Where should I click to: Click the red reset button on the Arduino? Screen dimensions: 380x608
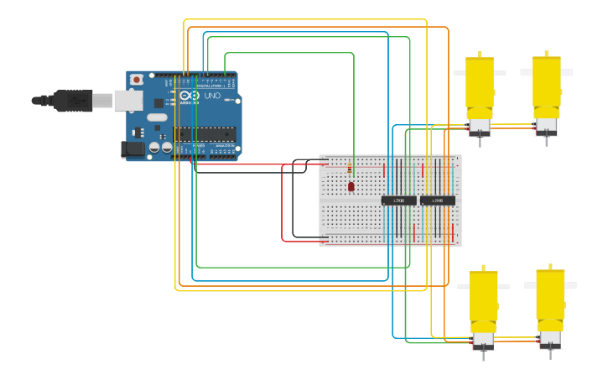(136, 80)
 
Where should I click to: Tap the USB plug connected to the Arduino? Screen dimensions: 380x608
(75, 100)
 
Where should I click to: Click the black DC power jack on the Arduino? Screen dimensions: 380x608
(132, 149)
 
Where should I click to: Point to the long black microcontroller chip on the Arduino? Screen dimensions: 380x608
(205, 132)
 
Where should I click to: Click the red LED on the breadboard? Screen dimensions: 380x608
(351, 186)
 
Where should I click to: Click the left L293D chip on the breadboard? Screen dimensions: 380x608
(398, 200)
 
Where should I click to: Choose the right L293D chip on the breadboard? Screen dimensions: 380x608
(437, 200)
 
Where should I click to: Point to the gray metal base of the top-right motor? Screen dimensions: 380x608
(546, 127)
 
